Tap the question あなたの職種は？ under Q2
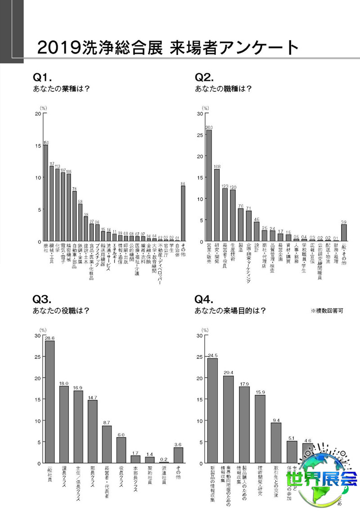pos(223,88)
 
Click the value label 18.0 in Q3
pos(64,383)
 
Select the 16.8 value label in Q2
pos(216,167)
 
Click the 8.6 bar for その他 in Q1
pos(183,214)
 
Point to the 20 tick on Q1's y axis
pos(38,113)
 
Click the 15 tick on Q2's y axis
pos(200,178)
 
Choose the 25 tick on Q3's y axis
pos(38,357)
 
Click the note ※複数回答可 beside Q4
pos(327,311)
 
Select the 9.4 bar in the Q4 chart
pos(276,443)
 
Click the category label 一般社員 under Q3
pos(49,472)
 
